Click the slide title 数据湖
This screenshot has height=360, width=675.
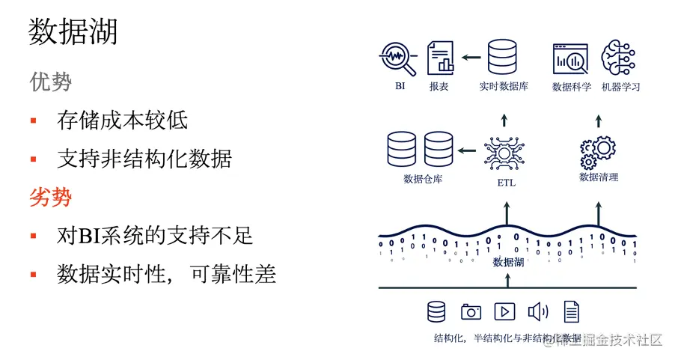[73, 32]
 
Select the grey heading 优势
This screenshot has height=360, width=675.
[51, 81]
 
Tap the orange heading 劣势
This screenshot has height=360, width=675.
[51, 197]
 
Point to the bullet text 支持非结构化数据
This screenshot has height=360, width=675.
[144, 159]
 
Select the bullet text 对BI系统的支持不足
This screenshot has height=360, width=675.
[155, 236]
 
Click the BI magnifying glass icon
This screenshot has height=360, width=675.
[398, 58]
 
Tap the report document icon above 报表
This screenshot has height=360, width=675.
[440, 58]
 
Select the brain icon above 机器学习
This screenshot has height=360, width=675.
[619, 58]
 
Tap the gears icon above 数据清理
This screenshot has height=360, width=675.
[598, 151]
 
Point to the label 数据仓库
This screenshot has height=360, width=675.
[423, 179]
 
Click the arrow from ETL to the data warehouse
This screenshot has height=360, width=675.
[467, 150]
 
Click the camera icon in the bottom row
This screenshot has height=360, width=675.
[471, 311]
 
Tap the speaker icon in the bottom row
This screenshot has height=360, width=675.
[537, 311]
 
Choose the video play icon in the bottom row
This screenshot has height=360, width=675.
[505, 311]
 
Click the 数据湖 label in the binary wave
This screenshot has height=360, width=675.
[508, 262]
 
